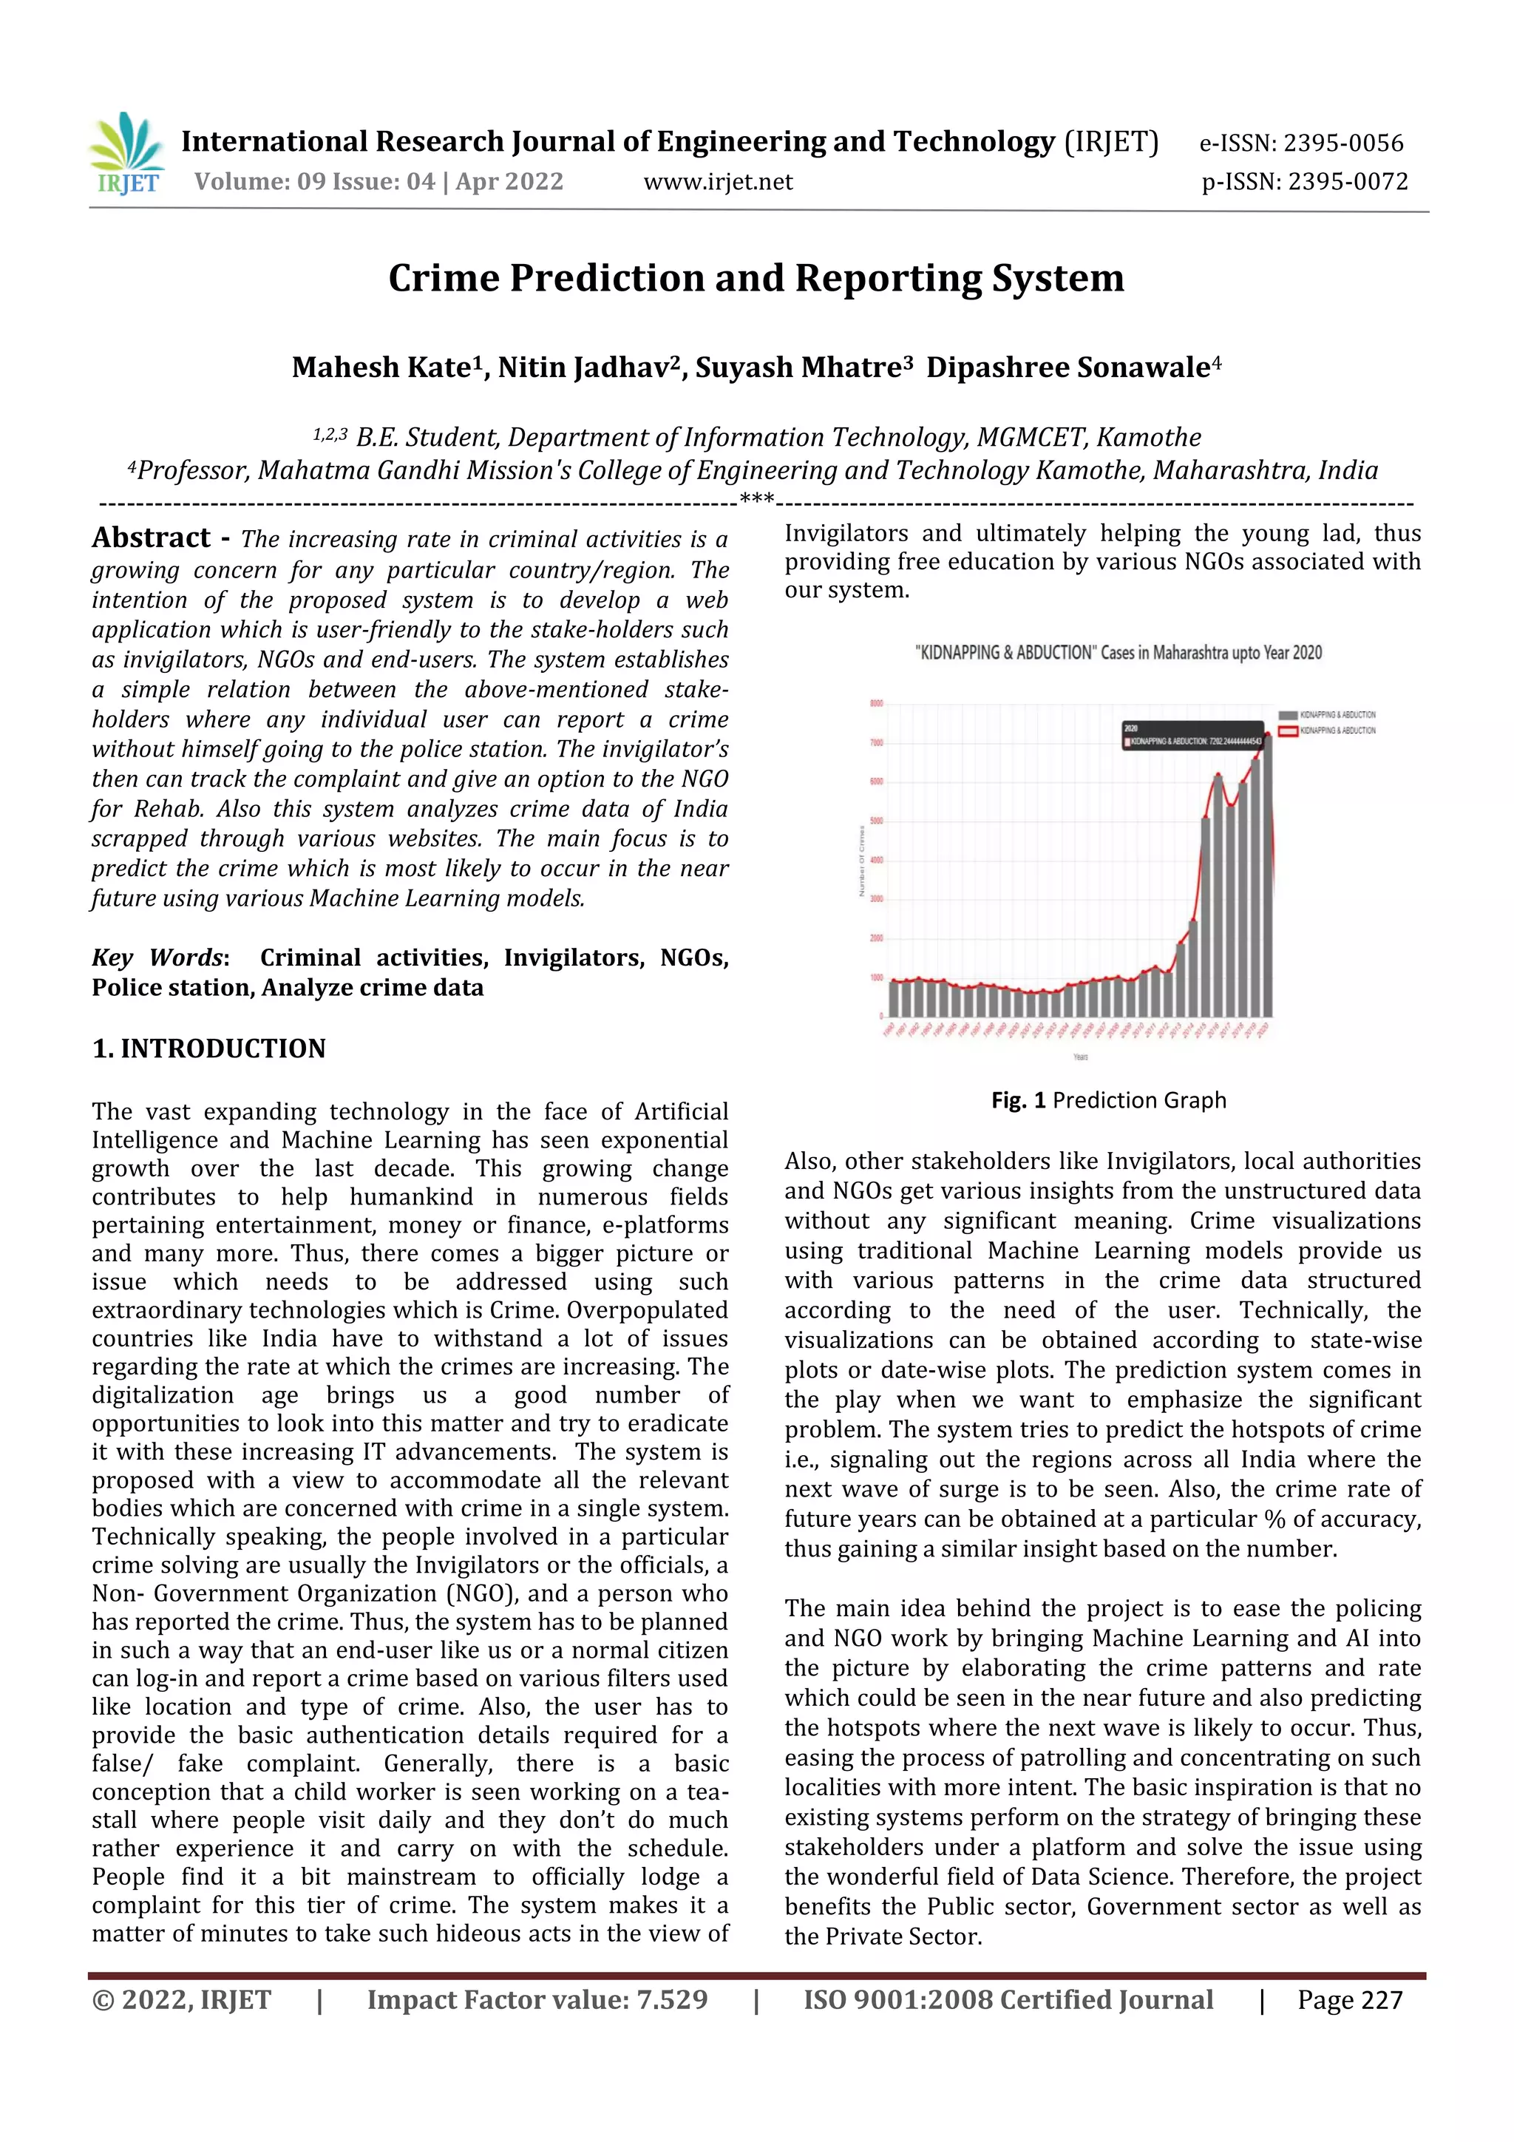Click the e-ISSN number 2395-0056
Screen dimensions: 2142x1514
[x=1342, y=143]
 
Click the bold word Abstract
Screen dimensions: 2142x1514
[x=150, y=538]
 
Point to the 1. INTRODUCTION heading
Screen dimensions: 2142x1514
[x=209, y=1048]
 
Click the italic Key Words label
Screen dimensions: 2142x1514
[x=159, y=958]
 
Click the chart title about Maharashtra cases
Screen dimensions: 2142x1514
[x=1118, y=653]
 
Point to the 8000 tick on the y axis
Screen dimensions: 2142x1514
[x=876, y=703]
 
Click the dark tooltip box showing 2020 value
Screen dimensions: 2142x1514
[x=1192, y=735]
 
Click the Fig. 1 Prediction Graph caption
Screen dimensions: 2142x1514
[x=1108, y=1100]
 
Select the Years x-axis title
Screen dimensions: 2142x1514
[x=1080, y=1057]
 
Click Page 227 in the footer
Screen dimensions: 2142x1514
[x=1349, y=2000]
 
